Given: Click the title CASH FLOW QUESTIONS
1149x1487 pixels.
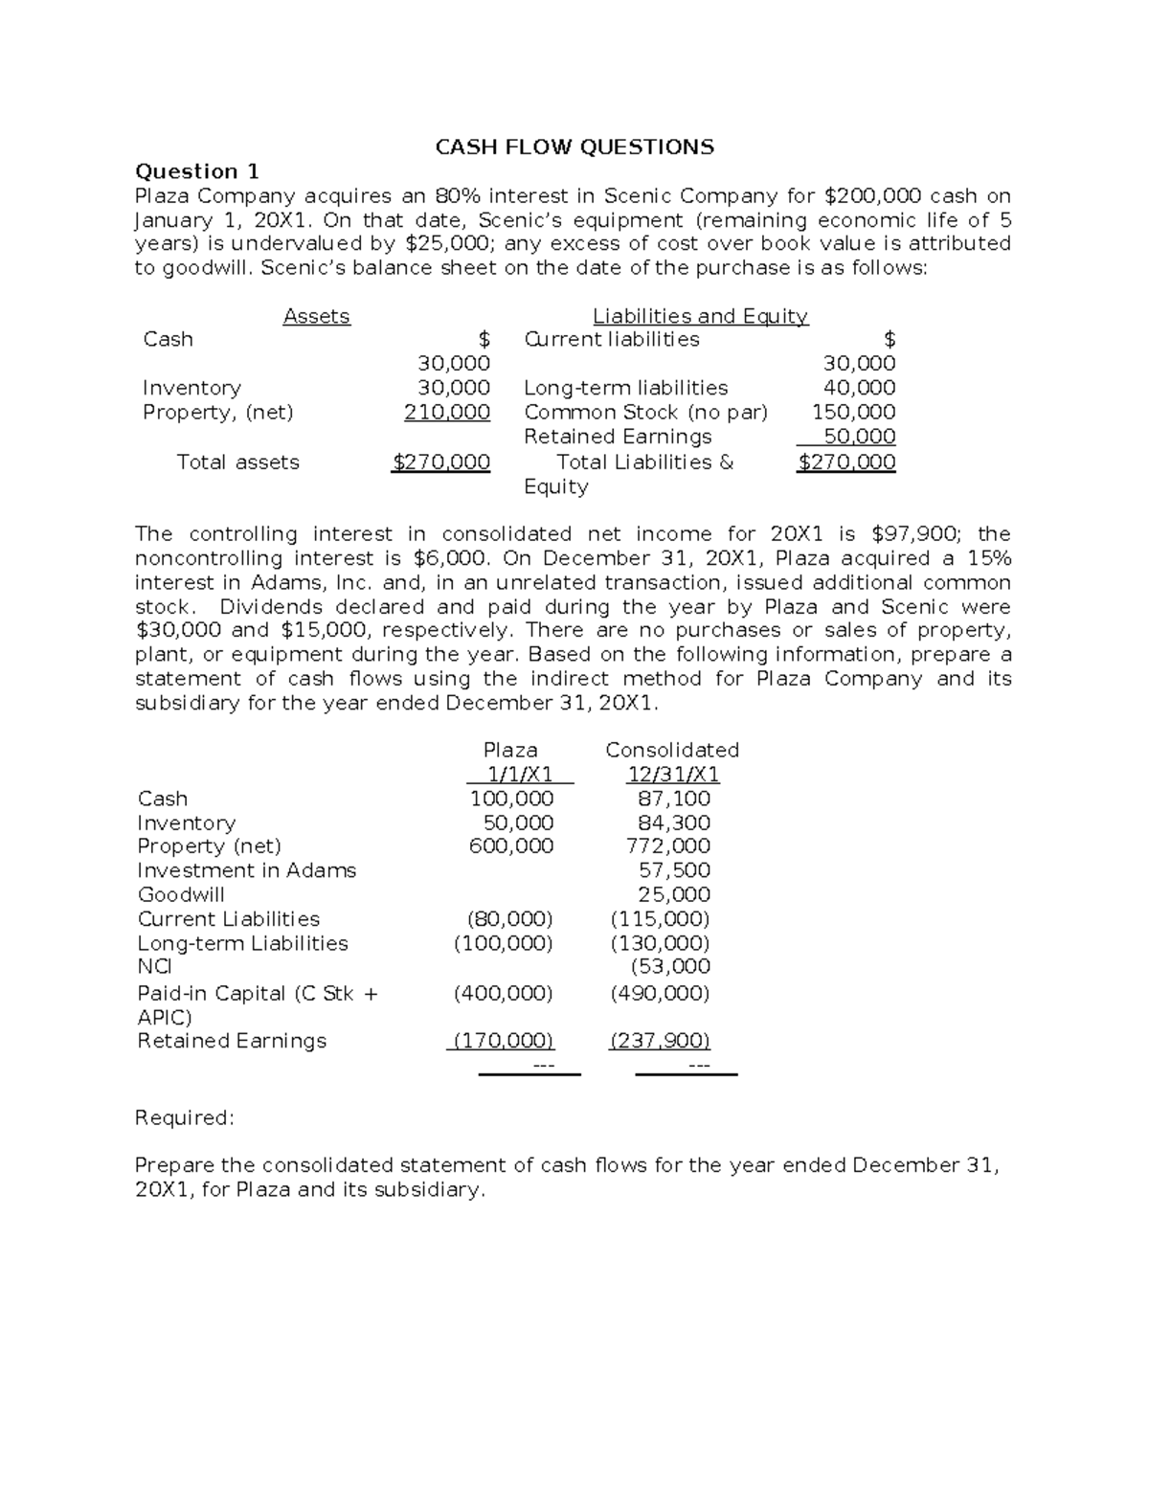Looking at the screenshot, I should [574, 146].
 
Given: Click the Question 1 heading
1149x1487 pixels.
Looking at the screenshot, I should [196, 171].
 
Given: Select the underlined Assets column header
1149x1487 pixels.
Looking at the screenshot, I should [316, 316].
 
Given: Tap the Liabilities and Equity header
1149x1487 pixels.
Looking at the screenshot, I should [700, 316].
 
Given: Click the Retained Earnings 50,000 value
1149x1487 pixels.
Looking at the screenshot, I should [860, 437].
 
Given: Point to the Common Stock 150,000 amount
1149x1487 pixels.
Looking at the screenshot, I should [854, 412].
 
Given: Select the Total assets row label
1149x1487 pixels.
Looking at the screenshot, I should [237, 462].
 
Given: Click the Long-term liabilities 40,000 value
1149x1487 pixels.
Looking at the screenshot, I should [860, 388].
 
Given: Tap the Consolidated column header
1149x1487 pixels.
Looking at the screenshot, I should [672, 750].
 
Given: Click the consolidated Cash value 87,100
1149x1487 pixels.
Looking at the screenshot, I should [674, 799].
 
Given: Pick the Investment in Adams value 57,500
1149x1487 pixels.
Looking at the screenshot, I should [674, 870].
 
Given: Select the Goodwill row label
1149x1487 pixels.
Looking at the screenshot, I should [181, 894].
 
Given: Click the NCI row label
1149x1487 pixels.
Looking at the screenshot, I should [154, 967].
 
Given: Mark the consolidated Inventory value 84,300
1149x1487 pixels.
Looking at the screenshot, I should [674, 822].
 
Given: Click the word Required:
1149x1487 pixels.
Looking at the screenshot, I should [183, 1117].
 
